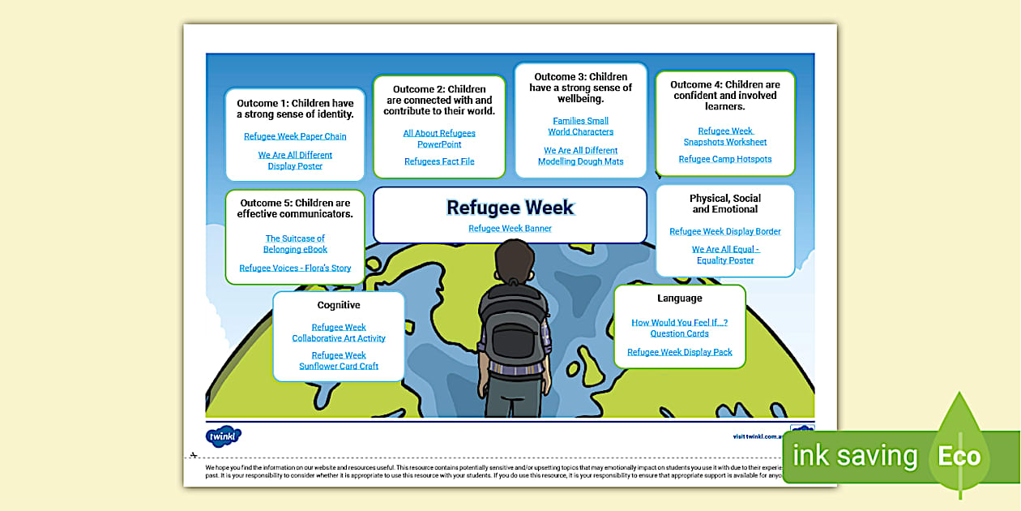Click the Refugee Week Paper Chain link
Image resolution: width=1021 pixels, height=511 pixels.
[295, 136]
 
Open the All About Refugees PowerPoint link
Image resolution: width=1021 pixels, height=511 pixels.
[439, 139]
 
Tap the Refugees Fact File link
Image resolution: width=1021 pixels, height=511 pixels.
[439, 161]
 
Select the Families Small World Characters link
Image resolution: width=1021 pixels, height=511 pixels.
[580, 127]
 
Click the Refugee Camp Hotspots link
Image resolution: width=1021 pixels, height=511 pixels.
[725, 159]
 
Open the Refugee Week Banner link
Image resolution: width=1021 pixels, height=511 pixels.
[510, 229]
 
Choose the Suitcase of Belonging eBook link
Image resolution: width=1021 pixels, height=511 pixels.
[295, 244]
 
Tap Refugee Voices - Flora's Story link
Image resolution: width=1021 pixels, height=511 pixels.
[295, 268]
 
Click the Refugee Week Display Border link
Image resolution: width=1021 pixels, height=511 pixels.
[725, 231]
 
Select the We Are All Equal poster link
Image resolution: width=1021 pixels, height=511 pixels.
[725, 255]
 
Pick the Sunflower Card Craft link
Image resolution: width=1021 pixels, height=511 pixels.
[339, 361]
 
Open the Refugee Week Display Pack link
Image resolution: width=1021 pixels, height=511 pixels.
[680, 352]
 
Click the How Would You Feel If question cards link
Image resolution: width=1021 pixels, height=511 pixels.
[680, 328]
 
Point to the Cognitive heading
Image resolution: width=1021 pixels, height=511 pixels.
[339, 305]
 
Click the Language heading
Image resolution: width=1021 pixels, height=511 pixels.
[680, 298]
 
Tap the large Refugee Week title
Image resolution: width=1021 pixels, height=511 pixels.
[510, 208]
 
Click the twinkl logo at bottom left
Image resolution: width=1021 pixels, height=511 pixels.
[224, 436]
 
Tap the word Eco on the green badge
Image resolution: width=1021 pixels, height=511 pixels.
[959, 456]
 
